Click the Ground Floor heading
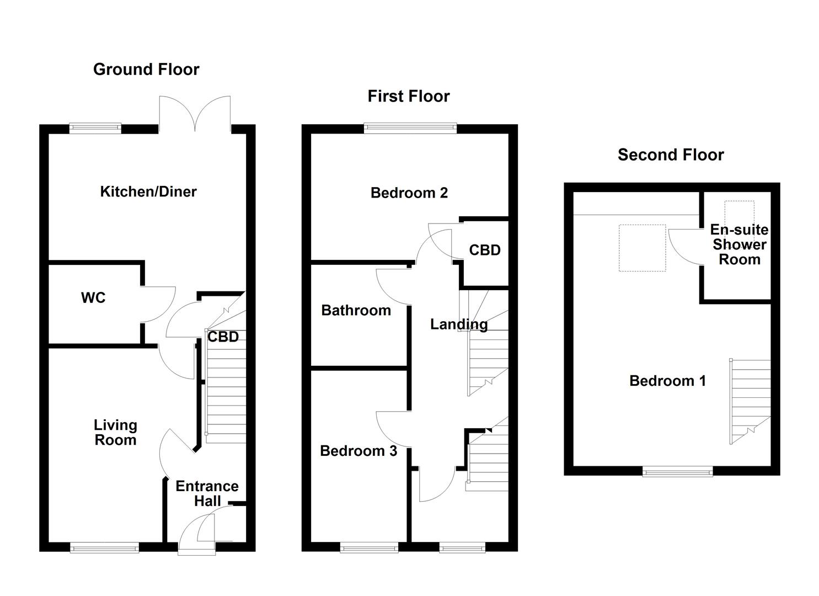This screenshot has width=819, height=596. point(146,70)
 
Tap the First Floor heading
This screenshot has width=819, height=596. point(409,97)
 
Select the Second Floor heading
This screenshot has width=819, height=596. point(671,155)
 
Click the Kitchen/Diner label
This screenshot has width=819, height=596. point(148,191)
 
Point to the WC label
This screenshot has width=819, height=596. point(93,298)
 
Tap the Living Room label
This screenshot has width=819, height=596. point(115,433)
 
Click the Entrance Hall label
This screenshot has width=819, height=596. point(207,493)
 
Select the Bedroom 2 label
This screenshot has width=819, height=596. point(409,193)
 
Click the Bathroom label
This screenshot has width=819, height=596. point(356,311)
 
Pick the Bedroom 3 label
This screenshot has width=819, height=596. point(358,451)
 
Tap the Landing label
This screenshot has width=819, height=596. point(459,324)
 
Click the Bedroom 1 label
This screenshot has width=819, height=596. point(667,381)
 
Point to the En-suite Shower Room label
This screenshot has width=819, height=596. point(739,244)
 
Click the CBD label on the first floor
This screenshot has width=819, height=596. point(485,251)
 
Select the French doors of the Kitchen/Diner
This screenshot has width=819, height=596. point(195,116)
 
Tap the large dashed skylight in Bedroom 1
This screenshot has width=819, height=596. point(642,248)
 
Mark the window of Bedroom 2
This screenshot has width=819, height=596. point(410,128)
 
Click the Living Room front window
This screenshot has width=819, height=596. point(104,547)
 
